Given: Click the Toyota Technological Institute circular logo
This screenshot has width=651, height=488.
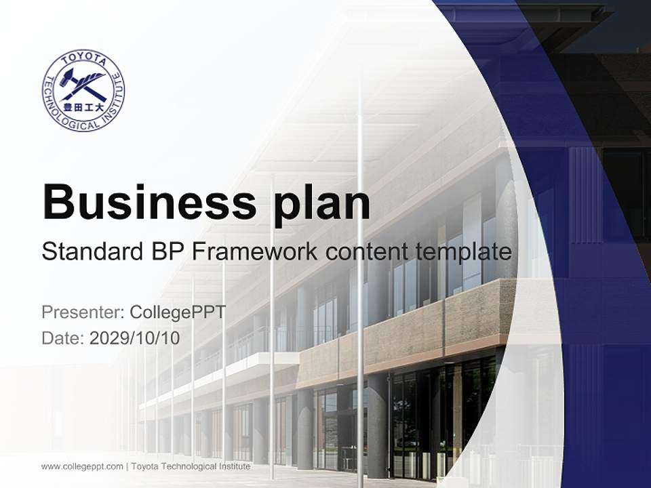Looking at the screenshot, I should pyautogui.click(x=83, y=90).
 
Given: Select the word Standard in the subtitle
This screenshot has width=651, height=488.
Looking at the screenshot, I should pyautogui.click(x=92, y=252).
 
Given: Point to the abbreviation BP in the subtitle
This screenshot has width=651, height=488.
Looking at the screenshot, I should pyautogui.click(x=167, y=252).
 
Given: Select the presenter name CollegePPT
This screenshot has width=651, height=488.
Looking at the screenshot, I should pyautogui.click(x=177, y=312).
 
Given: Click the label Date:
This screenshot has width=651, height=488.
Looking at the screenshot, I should pyautogui.click(x=64, y=338).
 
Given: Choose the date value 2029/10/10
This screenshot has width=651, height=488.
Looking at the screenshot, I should pyautogui.click(x=135, y=338).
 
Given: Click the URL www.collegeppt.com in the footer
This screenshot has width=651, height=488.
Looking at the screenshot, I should pyautogui.click(x=82, y=466).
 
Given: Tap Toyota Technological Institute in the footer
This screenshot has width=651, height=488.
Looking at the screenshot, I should pyautogui.click(x=191, y=466).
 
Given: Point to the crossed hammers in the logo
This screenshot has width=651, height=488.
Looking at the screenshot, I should pyautogui.click(x=83, y=84).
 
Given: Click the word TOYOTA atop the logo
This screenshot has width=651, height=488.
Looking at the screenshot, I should pyautogui.click(x=83, y=59).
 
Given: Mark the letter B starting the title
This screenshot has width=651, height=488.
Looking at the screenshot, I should pyautogui.click(x=57, y=201).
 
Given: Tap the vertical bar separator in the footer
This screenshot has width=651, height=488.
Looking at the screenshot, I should pyautogui.click(x=127, y=466).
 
